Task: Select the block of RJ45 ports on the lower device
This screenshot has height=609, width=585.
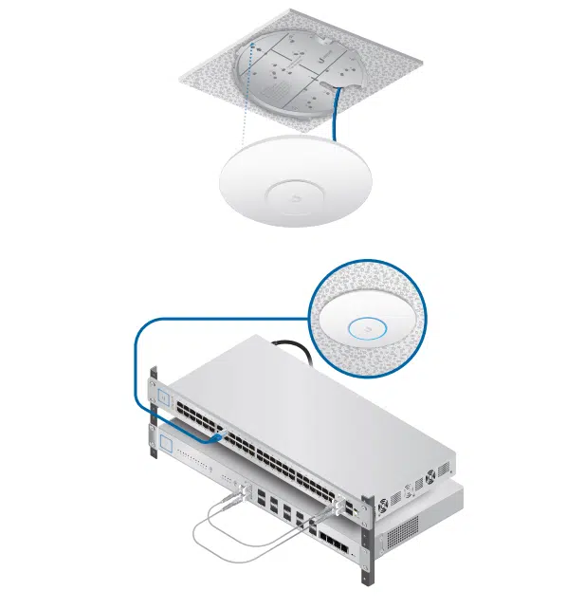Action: (x=333, y=546)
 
